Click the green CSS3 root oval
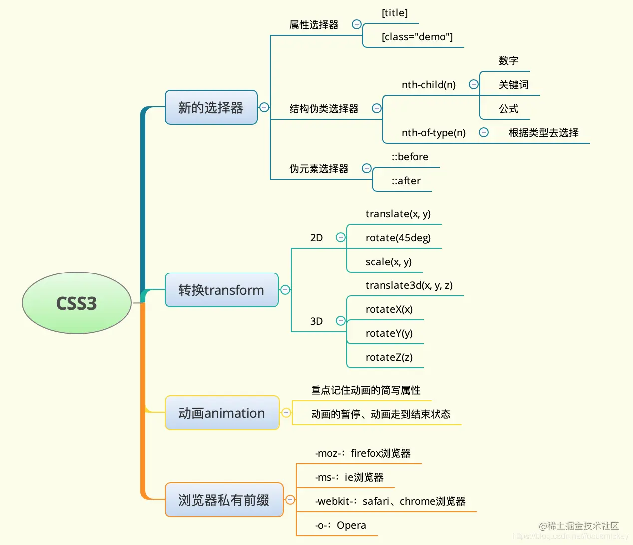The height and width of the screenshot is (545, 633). click(77, 303)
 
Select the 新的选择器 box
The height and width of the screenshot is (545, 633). click(211, 107)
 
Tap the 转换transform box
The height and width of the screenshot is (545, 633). click(221, 290)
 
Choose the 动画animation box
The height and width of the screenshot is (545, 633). click(222, 413)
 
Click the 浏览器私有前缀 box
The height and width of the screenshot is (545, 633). click(224, 500)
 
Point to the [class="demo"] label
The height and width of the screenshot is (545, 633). click(417, 37)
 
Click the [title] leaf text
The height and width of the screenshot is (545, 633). click(395, 13)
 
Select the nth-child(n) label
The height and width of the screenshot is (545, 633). click(429, 85)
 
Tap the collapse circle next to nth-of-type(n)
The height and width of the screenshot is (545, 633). click(484, 132)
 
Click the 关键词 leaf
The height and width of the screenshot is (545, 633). click(513, 85)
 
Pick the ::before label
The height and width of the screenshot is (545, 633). click(410, 157)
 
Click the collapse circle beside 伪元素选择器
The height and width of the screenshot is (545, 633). click(367, 168)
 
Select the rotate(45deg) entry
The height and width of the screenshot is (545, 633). click(398, 238)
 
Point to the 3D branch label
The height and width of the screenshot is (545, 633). click(316, 321)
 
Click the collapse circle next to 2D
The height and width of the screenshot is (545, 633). click(341, 237)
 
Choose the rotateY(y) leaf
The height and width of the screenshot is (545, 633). click(389, 333)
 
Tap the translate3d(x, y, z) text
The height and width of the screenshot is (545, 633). click(409, 285)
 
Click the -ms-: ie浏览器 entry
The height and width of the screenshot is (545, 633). click(349, 477)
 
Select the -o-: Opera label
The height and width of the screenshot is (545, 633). click(340, 525)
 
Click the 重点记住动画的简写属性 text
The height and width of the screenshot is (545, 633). click(366, 390)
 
